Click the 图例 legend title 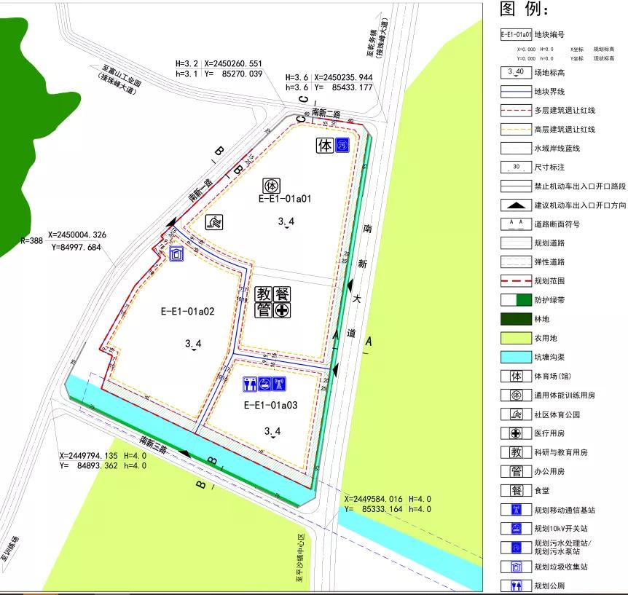[x=524, y=9]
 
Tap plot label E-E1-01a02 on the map [x=187, y=311]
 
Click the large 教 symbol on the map [x=264, y=294]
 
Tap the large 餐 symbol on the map [x=281, y=294]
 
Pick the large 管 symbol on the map [x=264, y=311]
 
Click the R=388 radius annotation [x=32, y=240]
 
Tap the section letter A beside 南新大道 [x=368, y=341]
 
